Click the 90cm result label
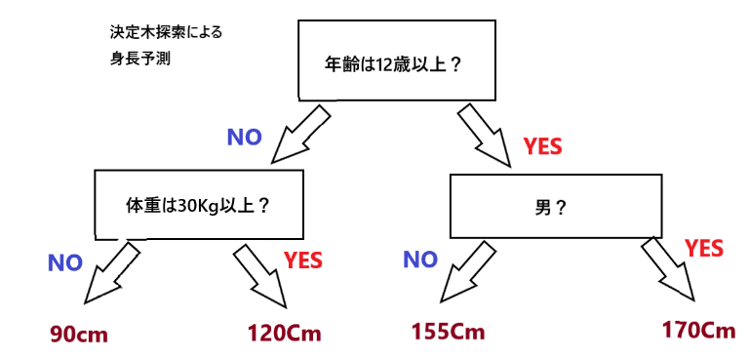pyautogui.click(x=80, y=335)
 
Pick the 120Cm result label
pyautogui.click(x=284, y=333)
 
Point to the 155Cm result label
pyautogui.click(x=448, y=331)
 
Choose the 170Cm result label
pyautogui.click(x=698, y=330)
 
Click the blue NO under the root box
pyautogui.click(x=244, y=138)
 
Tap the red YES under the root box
pyautogui.click(x=542, y=147)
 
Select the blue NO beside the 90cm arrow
pyautogui.click(x=65, y=262)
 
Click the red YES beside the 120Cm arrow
pyautogui.click(x=303, y=260)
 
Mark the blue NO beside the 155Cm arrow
pyautogui.click(x=420, y=260)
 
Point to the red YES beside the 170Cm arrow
pyautogui.click(x=704, y=249)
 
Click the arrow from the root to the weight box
pyautogui.click(x=299, y=136)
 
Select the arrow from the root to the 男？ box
pyautogui.click(x=485, y=138)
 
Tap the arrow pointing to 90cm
pyautogui.click(x=112, y=271)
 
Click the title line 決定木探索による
pyautogui.click(x=166, y=32)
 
